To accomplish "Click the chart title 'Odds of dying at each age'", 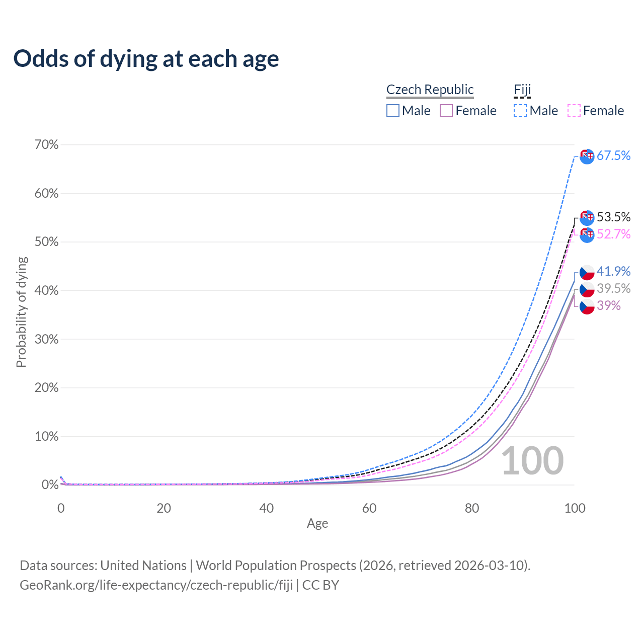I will tap(146, 59).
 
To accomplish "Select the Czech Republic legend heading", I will tap(430, 90).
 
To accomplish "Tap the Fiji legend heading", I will tap(522, 90).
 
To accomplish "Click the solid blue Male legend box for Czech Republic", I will tap(393, 111).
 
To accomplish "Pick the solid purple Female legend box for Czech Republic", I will tap(446, 111).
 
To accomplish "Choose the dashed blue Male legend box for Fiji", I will tap(520, 111).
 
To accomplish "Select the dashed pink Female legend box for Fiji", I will tap(574, 111).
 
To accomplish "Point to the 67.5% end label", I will tap(613, 156).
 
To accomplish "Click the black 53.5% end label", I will tap(613, 217).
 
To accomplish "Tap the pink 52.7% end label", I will tap(613, 234).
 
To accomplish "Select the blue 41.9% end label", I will tap(613, 272).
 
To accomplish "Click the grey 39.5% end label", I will tap(613, 289).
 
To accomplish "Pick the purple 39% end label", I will tap(609, 306).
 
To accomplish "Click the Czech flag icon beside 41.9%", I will tap(587, 272).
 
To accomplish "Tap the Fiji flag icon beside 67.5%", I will tap(587, 156).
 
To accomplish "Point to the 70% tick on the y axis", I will tap(47, 145).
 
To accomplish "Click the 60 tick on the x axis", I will tap(369, 508).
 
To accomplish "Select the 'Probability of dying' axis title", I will tap(21, 312).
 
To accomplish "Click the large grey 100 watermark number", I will tap(532, 461).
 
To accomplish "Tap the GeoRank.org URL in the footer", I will tap(156, 585).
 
